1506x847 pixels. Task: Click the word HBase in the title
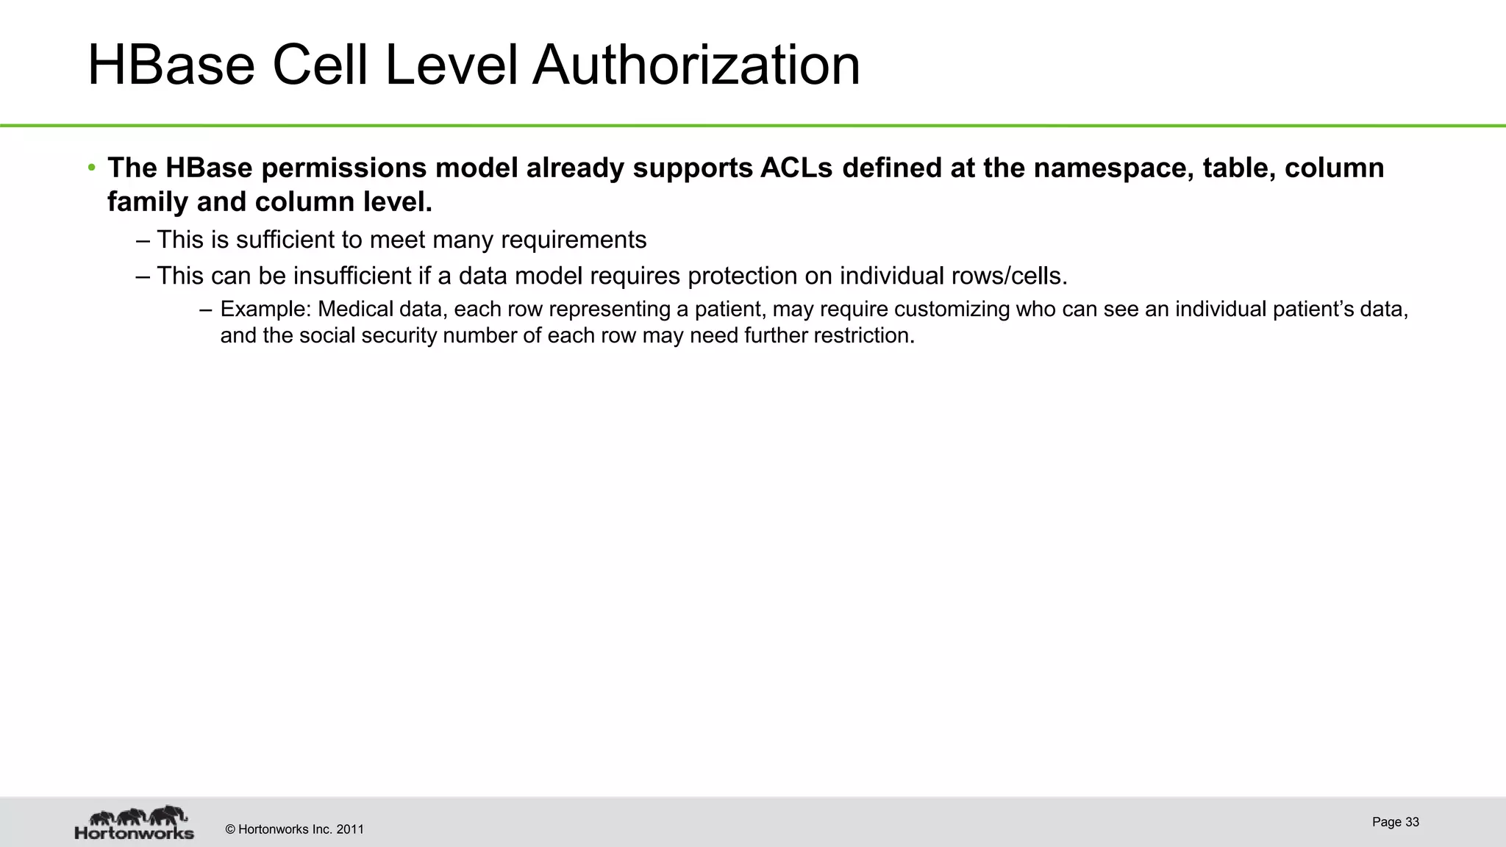(171, 66)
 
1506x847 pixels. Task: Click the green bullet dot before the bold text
(91, 168)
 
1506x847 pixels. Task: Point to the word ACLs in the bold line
(796, 168)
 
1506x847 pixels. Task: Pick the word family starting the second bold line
(147, 202)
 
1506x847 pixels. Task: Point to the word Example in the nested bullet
(265, 310)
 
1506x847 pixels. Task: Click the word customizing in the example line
(952, 310)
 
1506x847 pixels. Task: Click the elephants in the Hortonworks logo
(138, 815)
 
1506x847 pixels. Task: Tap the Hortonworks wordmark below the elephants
(135, 834)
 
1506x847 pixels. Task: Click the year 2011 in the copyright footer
(350, 830)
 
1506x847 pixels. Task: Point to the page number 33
(1412, 822)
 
